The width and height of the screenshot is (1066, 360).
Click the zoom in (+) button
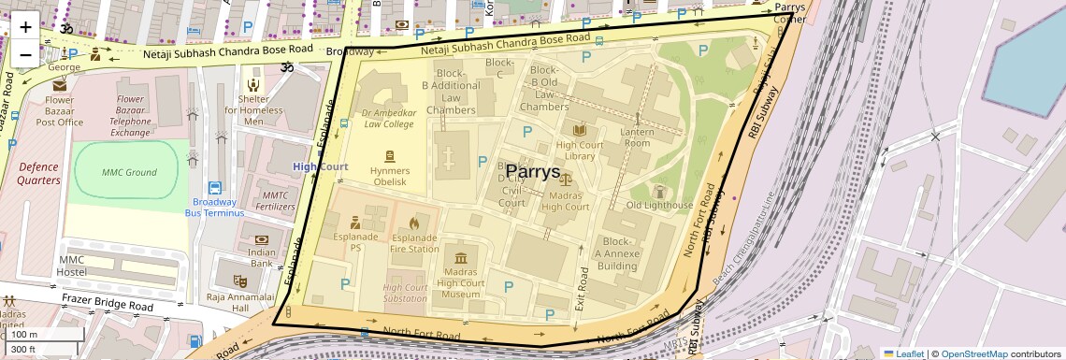pos(25,26)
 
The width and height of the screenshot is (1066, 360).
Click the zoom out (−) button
pos(25,53)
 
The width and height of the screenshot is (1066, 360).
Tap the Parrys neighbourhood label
pos(532,172)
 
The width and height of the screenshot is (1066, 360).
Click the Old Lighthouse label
pos(659,205)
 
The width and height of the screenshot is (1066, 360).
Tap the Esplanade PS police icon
pos(355,223)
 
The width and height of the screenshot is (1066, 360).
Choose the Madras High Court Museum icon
pos(460,258)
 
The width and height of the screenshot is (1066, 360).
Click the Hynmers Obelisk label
pos(389,176)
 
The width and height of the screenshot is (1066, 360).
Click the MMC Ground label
pos(128,172)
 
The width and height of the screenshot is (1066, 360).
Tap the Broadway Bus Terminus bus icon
pos(215,188)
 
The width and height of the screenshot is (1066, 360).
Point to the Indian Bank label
pos(262,257)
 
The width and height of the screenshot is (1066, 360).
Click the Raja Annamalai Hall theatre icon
pos(240,280)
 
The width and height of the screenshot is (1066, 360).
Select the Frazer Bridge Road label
pos(108,305)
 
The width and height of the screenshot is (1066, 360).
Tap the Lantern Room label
pos(637,137)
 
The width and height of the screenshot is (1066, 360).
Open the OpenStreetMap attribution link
pos(973,353)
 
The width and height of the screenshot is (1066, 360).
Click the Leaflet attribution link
pos(902,353)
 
